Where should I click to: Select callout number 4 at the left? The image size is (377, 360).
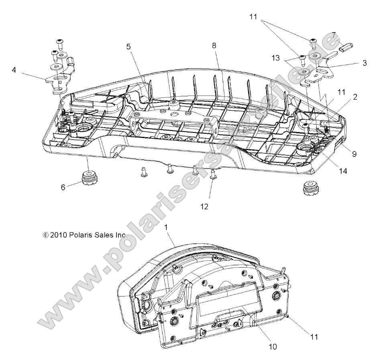point(14,70)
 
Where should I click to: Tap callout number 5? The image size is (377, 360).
point(128,47)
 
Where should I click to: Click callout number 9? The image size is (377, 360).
point(354,153)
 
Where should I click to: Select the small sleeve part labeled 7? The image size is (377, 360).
point(343,47)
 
